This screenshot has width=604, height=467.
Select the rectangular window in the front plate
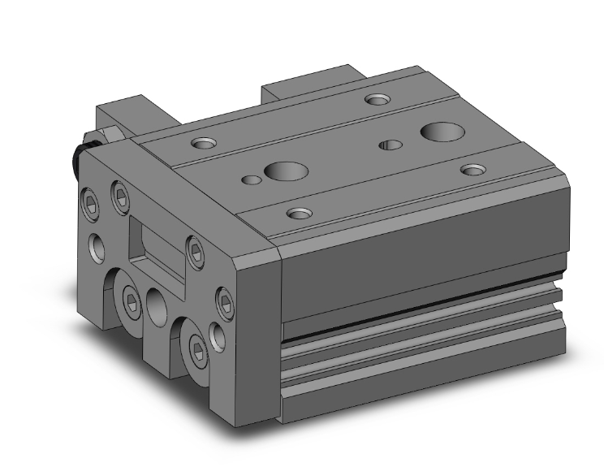click(x=155, y=241)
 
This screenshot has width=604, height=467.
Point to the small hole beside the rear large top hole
click(x=391, y=146)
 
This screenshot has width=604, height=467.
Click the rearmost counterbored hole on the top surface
click(x=376, y=100)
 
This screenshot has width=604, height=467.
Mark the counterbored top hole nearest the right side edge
click(x=473, y=170)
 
